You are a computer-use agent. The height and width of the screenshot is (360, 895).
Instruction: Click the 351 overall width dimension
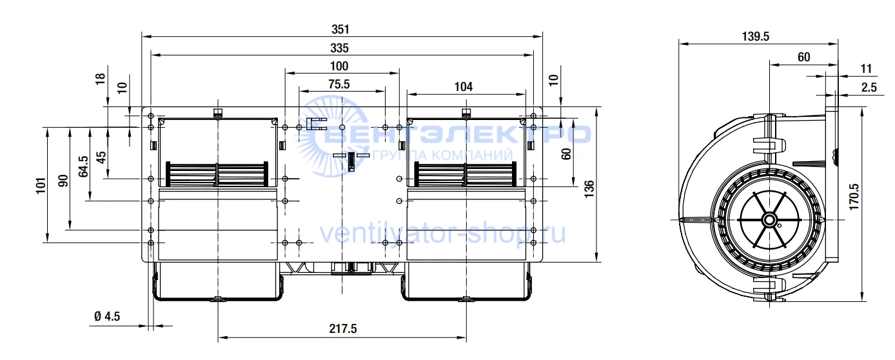click(x=340, y=29)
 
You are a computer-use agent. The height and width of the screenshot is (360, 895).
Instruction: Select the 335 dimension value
click(x=340, y=48)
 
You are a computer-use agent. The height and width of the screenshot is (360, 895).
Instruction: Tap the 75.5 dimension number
click(x=339, y=85)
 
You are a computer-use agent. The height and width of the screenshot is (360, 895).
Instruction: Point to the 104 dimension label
click(x=464, y=86)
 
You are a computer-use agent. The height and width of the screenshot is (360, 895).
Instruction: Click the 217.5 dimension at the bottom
click(x=343, y=328)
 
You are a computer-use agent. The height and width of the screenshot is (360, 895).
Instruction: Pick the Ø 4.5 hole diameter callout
click(x=107, y=316)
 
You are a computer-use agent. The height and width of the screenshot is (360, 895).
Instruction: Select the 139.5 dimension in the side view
click(x=756, y=36)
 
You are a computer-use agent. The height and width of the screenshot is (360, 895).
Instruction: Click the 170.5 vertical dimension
click(x=853, y=197)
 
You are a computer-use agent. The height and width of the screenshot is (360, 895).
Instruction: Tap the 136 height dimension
click(x=589, y=189)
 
